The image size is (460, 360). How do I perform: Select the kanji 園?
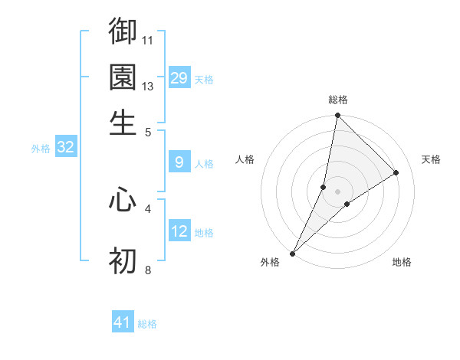(x=123, y=77)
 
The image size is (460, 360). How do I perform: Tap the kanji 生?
(x=123, y=122)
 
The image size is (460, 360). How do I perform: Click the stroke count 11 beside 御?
(x=148, y=39)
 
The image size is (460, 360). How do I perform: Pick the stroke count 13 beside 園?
(x=148, y=86)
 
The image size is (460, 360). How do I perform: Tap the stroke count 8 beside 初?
(x=148, y=270)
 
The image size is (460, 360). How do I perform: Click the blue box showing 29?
(x=179, y=77)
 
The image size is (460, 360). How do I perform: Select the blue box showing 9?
(x=179, y=162)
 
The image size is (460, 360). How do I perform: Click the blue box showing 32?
(x=65, y=147)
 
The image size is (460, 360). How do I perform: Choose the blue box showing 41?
(x=123, y=322)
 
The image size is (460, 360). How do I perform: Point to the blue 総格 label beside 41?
(x=147, y=324)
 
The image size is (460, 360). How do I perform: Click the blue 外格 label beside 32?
(x=41, y=149)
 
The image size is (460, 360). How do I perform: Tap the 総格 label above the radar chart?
(x=338, y=100)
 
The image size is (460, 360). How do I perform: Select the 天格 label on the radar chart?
(x=431, y=159)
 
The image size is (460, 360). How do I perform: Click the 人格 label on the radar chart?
(x=245, y=159)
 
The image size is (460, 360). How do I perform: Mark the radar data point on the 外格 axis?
(x=293, y=254)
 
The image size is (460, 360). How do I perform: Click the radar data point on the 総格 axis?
(x=337, y=116)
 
